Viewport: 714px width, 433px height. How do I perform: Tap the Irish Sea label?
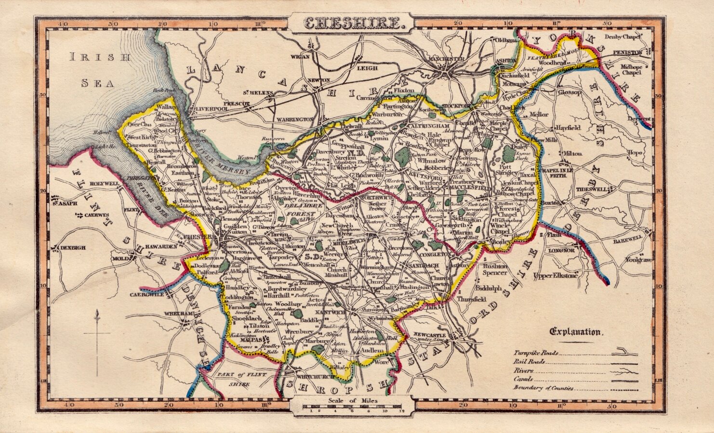tap(99, 70)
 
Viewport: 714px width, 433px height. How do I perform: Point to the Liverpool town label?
tap(211, 109)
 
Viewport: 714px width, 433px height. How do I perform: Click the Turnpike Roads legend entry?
tap(536, 353)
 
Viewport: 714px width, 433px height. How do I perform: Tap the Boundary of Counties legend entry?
tap(543, 388)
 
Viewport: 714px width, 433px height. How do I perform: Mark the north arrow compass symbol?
tap(98, 342)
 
